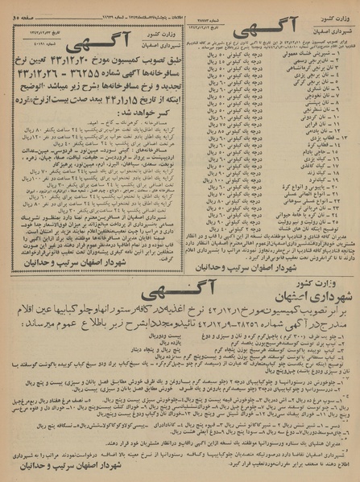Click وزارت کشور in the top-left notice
pos(161,35)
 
